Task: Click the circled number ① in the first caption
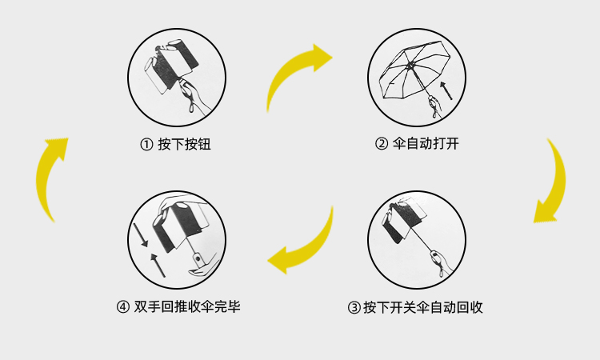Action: point(146,145)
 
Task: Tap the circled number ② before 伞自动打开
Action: point(382,145)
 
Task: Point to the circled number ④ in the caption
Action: point(122,306)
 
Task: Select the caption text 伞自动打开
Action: point(426,145)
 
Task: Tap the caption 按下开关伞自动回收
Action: point(423,307)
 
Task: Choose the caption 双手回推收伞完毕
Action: point(187,306)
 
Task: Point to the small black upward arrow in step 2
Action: point(446,89)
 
